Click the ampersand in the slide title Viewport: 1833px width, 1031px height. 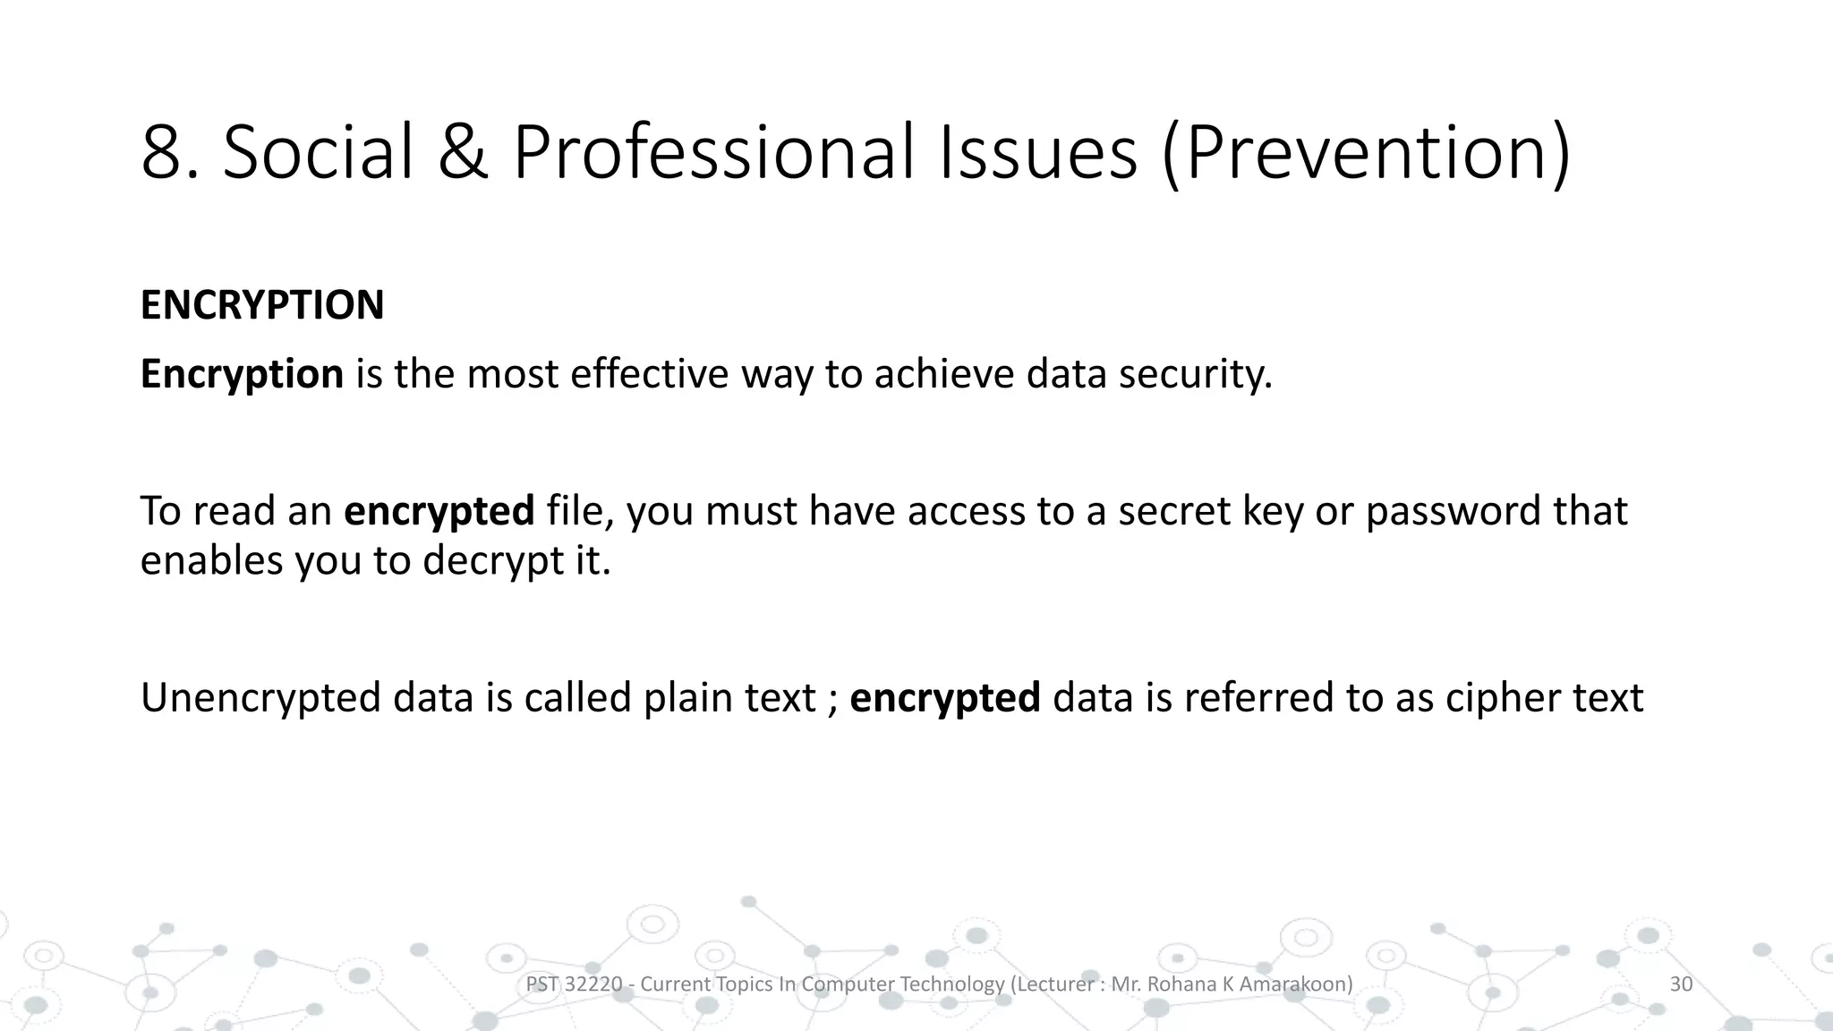tap(463, 153)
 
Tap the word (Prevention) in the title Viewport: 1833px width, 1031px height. tap(1366, 153)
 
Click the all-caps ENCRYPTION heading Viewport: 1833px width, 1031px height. tap(262, 305)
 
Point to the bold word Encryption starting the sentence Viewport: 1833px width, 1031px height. tap(242, 374)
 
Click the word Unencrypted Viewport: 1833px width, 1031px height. tap(260, 698)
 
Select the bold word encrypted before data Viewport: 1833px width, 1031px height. tap(944, 698)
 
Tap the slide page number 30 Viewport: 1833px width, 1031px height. tap(1681, 984)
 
